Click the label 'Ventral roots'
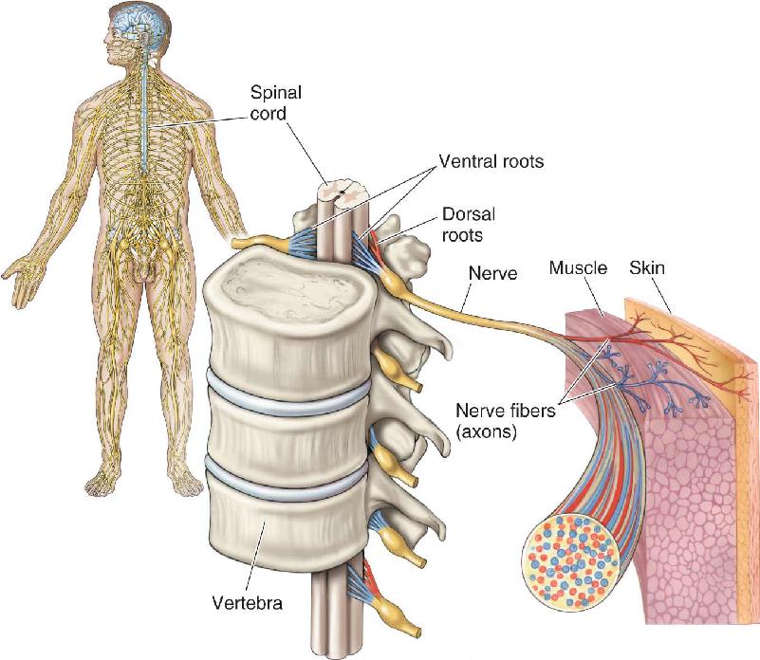pyautogui.click(x=491, y=161)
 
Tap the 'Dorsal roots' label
pyautogui.click(x=468, y=225)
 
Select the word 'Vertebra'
pyautogui.click(x=248, y=603)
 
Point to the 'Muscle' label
pyautogui.click(x=578, y=268)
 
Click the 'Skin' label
pyautogui.click(x=647, y=267)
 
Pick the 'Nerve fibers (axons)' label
pyautogui.click(x=505, y=421)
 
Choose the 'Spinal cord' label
pyautogui.click(x=275, y=102)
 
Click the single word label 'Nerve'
pyautogui.click(x=493, y=273)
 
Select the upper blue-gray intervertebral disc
pyautogui.click(x=288, y=393)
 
